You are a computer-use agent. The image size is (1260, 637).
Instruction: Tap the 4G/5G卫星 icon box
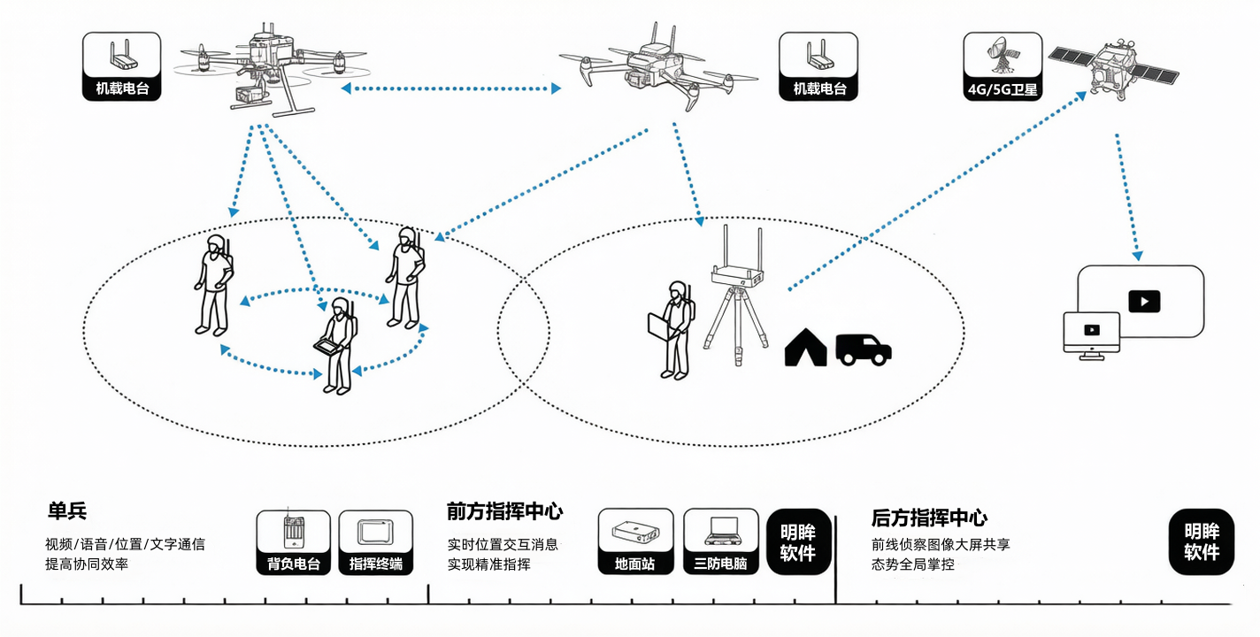[1003, 66]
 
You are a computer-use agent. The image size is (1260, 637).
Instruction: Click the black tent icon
[805, 348]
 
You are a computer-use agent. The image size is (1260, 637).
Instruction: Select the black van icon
[864, 349]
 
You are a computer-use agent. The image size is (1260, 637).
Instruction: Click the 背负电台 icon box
[293, 542]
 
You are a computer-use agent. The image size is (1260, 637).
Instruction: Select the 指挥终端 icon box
[376, 542]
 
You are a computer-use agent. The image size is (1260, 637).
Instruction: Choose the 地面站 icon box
[635, 541]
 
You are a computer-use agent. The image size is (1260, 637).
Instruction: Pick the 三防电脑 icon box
[720, 541]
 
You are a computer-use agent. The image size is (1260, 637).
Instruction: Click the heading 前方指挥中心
[504, 511]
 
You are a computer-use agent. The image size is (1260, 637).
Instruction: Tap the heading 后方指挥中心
[929, 518]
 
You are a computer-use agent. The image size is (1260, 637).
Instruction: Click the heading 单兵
[67, 511]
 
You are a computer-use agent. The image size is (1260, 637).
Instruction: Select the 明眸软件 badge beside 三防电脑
[798, 542]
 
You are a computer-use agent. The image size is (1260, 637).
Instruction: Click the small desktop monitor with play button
[1091, 335]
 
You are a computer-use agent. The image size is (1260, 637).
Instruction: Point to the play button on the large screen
[1144, 302]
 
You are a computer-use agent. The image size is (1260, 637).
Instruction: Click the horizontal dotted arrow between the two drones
[451, 88]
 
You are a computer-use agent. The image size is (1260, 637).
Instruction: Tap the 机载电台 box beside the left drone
[121, 66]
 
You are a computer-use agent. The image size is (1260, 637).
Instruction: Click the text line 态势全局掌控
[912, 564]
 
